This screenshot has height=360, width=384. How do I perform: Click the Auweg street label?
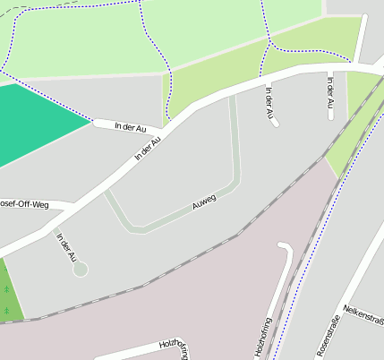(x=204, y=202)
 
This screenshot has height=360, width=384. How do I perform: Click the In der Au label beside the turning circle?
(x=66, y=247)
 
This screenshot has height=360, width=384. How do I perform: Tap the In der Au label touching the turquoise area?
(x=130, y=128)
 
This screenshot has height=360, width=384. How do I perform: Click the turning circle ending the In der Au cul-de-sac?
(x=81, y=269)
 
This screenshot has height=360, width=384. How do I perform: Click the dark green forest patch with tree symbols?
(x=8, y=291)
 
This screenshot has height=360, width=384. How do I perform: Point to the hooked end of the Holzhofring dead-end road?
(x=285, y=245)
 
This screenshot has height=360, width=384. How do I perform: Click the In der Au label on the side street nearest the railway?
(x=329, y=97)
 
